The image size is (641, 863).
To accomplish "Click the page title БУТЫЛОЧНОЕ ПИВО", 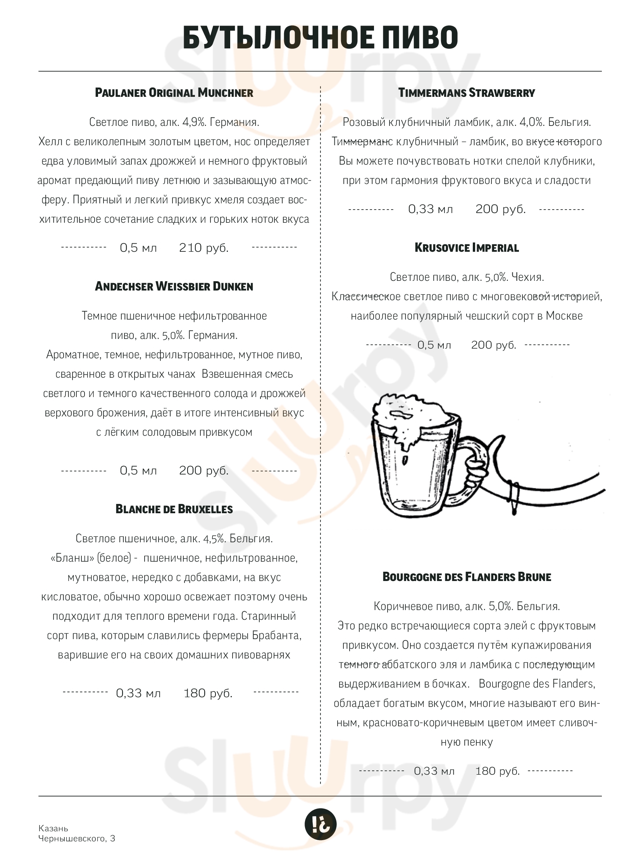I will pyautogui.click(x=320, y=37).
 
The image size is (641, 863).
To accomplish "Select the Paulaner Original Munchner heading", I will pyautogui.click(x=174, y=93).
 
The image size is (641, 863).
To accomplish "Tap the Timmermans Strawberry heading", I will pyautogui.click(x=466, y=93).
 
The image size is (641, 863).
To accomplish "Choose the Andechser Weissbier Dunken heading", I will pyautogui.click(x=174, y=286).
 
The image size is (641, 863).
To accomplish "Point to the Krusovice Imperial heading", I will pyautogui.click(x=466, y=248).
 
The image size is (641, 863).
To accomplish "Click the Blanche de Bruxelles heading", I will pyautogui.click(x=174, y=509).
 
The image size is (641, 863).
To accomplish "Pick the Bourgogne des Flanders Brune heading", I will pyautogui.click(x=466, y=577).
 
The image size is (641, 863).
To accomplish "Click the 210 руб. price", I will pyautogui.click(x=204, y=248).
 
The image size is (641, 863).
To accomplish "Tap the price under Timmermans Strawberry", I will pyautogui.click(x=501, y=209).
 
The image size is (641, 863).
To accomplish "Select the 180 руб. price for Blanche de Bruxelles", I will pyautogui.click(x=208, y=693).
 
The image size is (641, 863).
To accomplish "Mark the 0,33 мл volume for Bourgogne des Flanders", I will pyautogui.click(x=434, y=771).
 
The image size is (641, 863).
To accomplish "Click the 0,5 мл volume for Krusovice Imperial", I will pyautogui.click(x=434, y=345).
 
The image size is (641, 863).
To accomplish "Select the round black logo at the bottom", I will pyautogui.click(x=320, y=823).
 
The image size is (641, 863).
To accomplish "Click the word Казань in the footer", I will pyautogui.click(x=53, y=828).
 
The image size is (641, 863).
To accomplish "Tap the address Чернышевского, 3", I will pyautogui.click(x=76, y=839).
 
